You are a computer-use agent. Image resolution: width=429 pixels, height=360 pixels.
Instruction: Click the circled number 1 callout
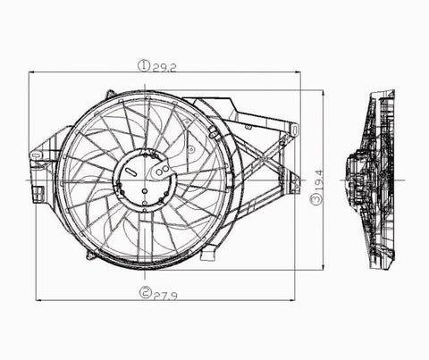tap(142, 65)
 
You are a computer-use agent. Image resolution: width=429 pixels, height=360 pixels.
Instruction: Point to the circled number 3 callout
tap(316, 202)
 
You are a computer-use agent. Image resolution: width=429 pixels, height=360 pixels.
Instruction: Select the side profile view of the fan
tap(376, 179)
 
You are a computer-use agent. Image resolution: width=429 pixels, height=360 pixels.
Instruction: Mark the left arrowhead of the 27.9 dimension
tap(38, 298)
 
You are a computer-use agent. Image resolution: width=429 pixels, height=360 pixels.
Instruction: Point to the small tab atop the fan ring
tap(109, 93)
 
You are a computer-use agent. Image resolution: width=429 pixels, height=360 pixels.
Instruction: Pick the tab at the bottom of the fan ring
tap(207, 255)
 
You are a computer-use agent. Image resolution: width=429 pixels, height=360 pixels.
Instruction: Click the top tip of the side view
tap(391, 91)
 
